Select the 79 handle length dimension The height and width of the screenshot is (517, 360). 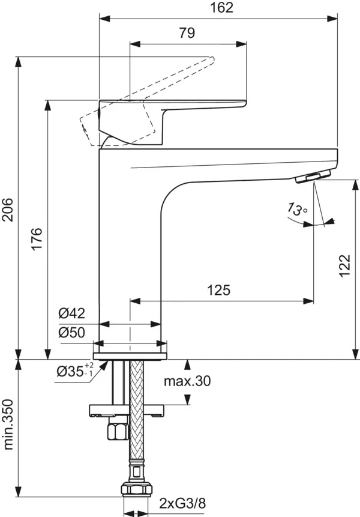(x=187, y=34)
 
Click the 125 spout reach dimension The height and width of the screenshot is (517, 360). (x=219, y=291)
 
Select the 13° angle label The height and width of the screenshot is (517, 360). (x=296, y=210)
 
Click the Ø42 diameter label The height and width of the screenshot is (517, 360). (x=71, y=313)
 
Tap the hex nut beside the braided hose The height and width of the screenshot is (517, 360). (x=116, y=431)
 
